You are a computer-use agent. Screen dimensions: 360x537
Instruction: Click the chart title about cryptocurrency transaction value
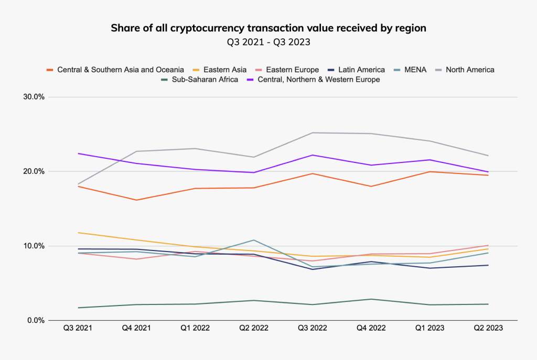(268, 28)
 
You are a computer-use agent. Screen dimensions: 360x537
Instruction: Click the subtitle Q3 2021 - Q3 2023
(268, 42)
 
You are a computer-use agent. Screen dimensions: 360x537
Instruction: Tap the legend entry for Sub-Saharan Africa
(207, 80)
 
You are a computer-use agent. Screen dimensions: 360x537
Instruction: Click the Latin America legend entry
(361, 70)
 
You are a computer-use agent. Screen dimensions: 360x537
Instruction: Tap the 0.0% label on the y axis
(35, 320)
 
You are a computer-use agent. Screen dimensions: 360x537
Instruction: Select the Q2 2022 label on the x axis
(254, 328)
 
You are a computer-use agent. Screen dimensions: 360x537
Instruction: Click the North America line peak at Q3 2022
(313, 133)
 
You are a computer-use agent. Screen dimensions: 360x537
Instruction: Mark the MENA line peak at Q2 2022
(254, 240)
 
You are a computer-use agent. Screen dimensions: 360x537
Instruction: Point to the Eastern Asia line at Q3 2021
(78, 232)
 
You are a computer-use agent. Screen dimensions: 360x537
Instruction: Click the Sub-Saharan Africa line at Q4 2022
(372, 299)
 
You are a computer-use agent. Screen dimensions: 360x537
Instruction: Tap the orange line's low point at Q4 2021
(137, 200)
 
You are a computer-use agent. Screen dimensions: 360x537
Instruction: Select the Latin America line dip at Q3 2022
(313, 269)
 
